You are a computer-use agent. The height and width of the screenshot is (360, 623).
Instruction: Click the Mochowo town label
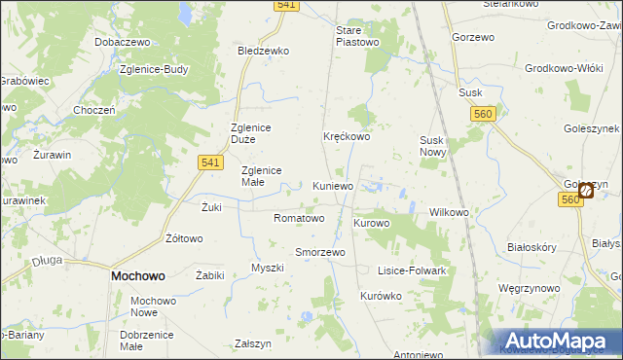(137, 276)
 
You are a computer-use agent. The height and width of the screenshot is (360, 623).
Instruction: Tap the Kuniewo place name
(333, 186)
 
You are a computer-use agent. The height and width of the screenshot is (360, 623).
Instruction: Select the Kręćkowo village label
(347, 137)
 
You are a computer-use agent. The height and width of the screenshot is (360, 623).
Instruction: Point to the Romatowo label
(299, 218)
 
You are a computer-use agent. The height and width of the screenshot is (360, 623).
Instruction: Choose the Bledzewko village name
(264, 51)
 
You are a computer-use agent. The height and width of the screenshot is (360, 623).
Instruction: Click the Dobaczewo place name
(121, 43)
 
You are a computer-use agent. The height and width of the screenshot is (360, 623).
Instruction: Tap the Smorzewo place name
(320, 252)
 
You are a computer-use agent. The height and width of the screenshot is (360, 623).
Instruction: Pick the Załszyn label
(253, 344)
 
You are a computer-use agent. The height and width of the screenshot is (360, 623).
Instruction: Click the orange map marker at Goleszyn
(586, 191)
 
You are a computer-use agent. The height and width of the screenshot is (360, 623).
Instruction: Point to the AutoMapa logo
(558, 341)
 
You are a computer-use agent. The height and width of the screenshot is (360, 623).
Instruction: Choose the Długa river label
(46, 260)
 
